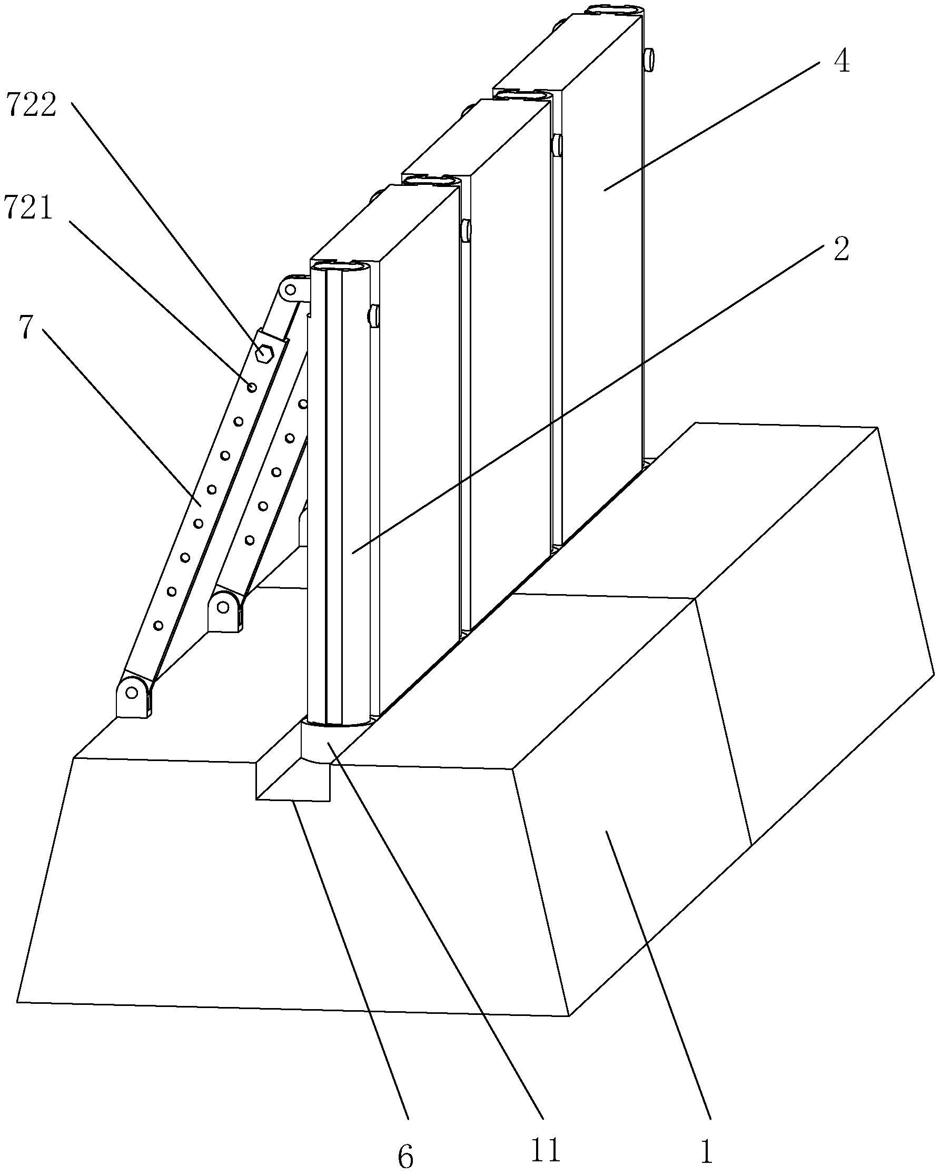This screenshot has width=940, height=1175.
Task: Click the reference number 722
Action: pyautogui.click(x=31, y=105)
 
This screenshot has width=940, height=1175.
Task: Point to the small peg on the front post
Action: pyautogui.click(x=373, y=316)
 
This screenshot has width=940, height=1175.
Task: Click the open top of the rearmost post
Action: pyautogui.click(x=614, y=10)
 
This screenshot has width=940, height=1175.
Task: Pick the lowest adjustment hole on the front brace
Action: pyautogui.click(x=159, y=626)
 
